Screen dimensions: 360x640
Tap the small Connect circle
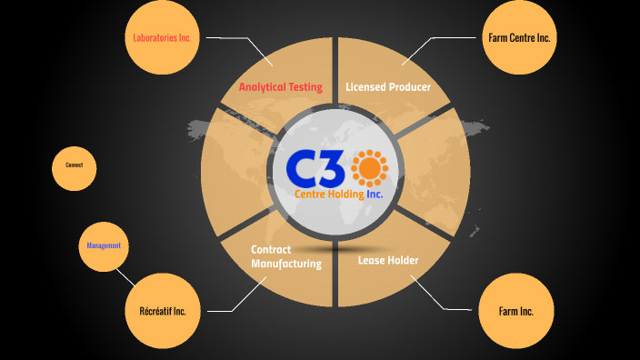[74, 165]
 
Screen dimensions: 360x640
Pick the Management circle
[104, 246]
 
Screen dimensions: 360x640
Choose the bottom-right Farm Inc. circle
[515, 311]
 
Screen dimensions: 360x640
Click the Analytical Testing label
[281, 87]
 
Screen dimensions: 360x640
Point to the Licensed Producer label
[387, 87]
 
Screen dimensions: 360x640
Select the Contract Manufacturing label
[286, 256]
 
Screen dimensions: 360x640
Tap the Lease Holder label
[388, 261]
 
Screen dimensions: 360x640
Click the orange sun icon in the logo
[369, 167]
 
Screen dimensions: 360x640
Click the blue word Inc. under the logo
[375, 194]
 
